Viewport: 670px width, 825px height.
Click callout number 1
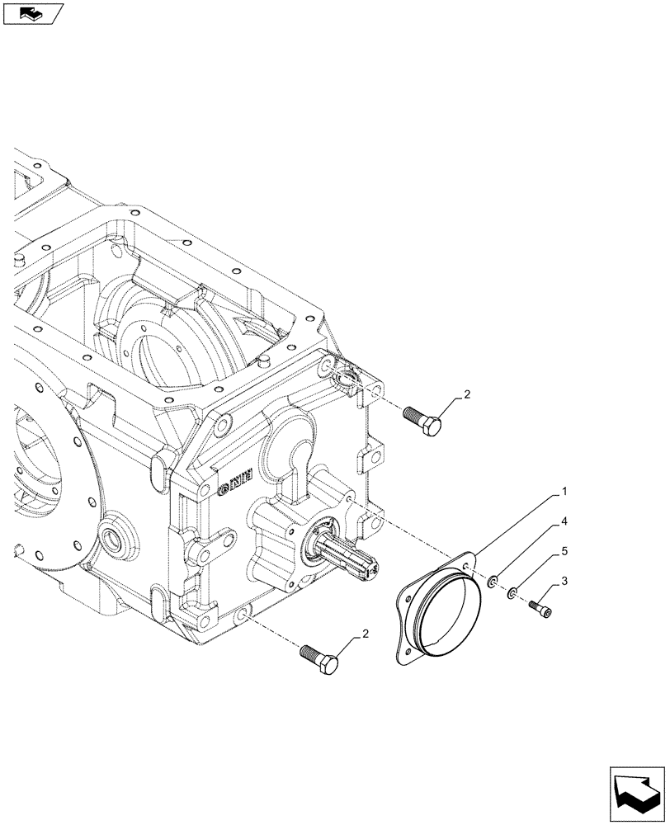(x=564, y=492)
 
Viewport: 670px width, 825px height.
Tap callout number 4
(x=564, y=522)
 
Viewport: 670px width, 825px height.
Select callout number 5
(x=564, y=549)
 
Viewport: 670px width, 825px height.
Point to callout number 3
(x=564, y=582)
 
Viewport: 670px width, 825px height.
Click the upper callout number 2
(x=466, y=395)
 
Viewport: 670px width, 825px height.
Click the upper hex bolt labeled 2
(x=423, y=422)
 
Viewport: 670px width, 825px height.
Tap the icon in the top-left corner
(x=32, y=13)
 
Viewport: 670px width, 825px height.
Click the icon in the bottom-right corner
(x=637, y=793)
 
